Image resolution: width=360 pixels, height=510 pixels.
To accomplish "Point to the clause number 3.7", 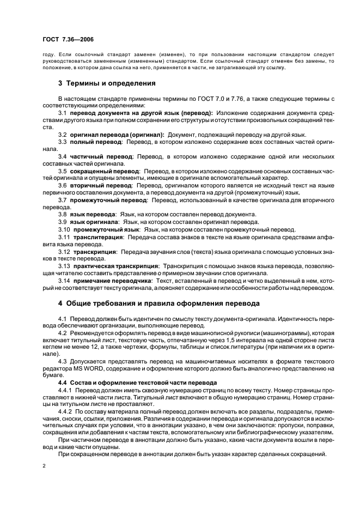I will (63, 200).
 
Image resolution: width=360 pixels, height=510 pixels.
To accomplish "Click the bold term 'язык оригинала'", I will (94, 222).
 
